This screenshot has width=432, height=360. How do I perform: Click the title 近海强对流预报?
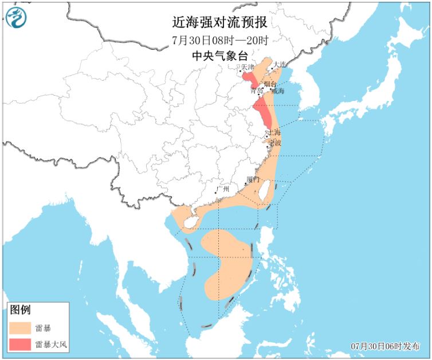tap(219, 22)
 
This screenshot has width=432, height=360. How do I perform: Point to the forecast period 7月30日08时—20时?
tap(219, 40)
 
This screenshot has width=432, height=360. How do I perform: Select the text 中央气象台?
tap(219, 56)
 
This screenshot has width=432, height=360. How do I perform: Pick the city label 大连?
tap(279, 64)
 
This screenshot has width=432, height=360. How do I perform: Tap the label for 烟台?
tap(270, 84)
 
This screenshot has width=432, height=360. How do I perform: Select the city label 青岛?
tap(257, 91)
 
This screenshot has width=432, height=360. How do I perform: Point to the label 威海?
tap(277, 91)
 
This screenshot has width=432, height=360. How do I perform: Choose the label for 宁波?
tap(275, 143)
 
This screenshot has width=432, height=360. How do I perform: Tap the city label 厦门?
tap(253, 179)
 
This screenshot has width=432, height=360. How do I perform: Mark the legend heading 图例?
tap(19, 310)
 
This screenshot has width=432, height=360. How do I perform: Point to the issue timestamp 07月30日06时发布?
tap(386, 346)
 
